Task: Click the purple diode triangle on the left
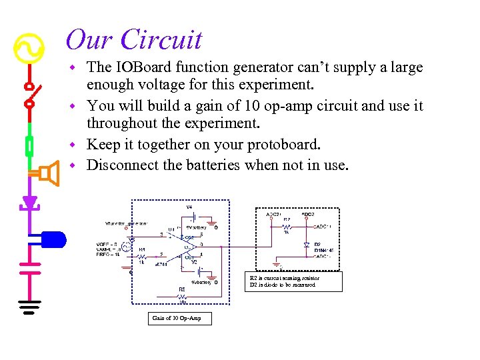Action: tap(29, 202)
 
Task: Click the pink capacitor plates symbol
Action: tap(29, 267)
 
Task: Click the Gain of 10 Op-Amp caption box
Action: tap(177, 318)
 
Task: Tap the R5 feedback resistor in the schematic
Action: tap(181, 295)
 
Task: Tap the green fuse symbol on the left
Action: tap(29, 145)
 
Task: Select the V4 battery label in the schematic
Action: tap(189, 207)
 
